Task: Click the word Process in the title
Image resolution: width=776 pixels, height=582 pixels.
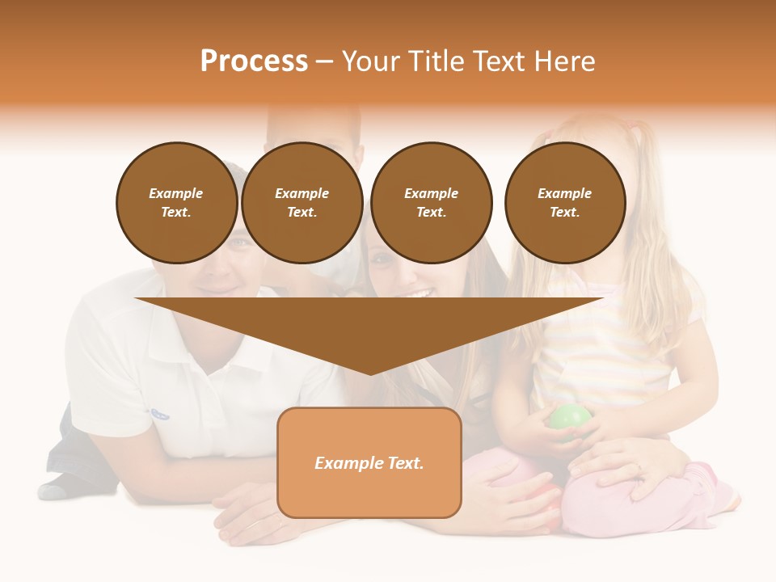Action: click(x=254, y=61)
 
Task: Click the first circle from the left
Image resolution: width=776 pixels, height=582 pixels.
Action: click(x=176, y=203)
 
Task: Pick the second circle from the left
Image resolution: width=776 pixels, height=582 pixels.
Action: click(x=302, y=203)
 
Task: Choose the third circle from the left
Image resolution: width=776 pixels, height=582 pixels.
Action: click(x=431, y=203)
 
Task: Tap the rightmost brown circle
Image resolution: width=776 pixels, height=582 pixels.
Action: click(x=564, y=203)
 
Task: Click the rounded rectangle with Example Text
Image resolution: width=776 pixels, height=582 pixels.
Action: click(x=369, y=462)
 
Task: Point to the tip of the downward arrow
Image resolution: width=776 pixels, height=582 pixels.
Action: click(x=369, y=373)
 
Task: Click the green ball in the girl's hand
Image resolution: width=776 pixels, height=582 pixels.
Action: click(x=571, y=420)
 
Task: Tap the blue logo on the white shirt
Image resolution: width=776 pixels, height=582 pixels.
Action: click(x=159, y=413)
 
